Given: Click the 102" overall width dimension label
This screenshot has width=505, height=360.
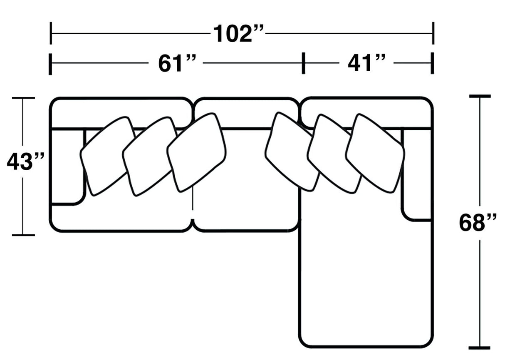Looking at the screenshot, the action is (238, 33).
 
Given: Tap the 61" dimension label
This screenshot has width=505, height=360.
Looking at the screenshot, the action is (177, 63).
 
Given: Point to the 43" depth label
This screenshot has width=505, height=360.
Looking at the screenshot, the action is (26, 161).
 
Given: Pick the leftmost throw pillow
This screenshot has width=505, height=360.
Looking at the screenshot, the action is (108, 156).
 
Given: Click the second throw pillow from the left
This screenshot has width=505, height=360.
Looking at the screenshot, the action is (150, 156).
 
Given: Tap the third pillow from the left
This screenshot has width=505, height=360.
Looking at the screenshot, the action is (196, 152).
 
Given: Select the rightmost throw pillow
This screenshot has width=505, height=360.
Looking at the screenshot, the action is (375, 154).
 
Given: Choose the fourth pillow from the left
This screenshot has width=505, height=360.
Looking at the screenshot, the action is (292, 151).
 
